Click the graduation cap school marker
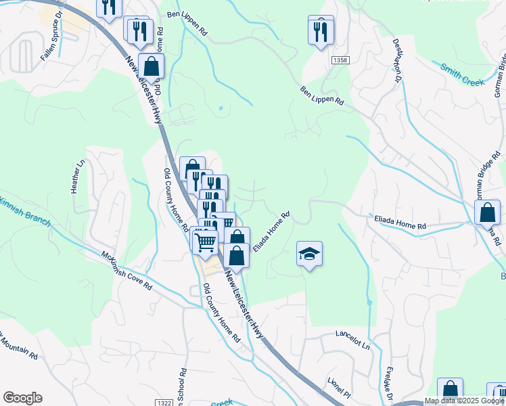click(309, 254)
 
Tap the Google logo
click(22, 398)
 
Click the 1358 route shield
click(340, 61)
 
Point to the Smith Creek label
click(463, 74)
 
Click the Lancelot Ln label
click(354, 339)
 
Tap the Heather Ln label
click(77, 176)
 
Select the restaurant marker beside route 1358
click(321, 31)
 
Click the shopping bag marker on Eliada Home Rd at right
click(487, 213)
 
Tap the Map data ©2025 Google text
click(464, 401)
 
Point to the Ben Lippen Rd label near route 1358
click(322, 94)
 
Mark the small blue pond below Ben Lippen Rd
click(221, 108)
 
